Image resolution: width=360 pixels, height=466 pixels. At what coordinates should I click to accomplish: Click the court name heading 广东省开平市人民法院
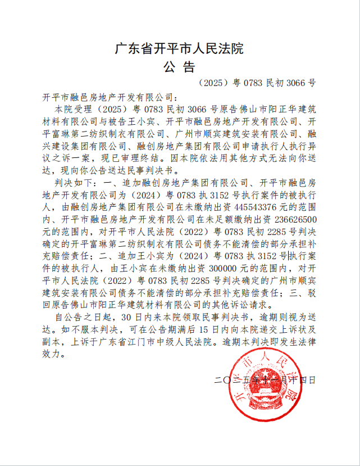179,48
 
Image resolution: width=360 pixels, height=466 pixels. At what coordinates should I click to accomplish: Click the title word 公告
179,67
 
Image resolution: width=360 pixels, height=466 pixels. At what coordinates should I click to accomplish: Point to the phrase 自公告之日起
80,316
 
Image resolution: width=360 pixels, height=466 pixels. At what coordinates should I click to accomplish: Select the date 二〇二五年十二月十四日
265,380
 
